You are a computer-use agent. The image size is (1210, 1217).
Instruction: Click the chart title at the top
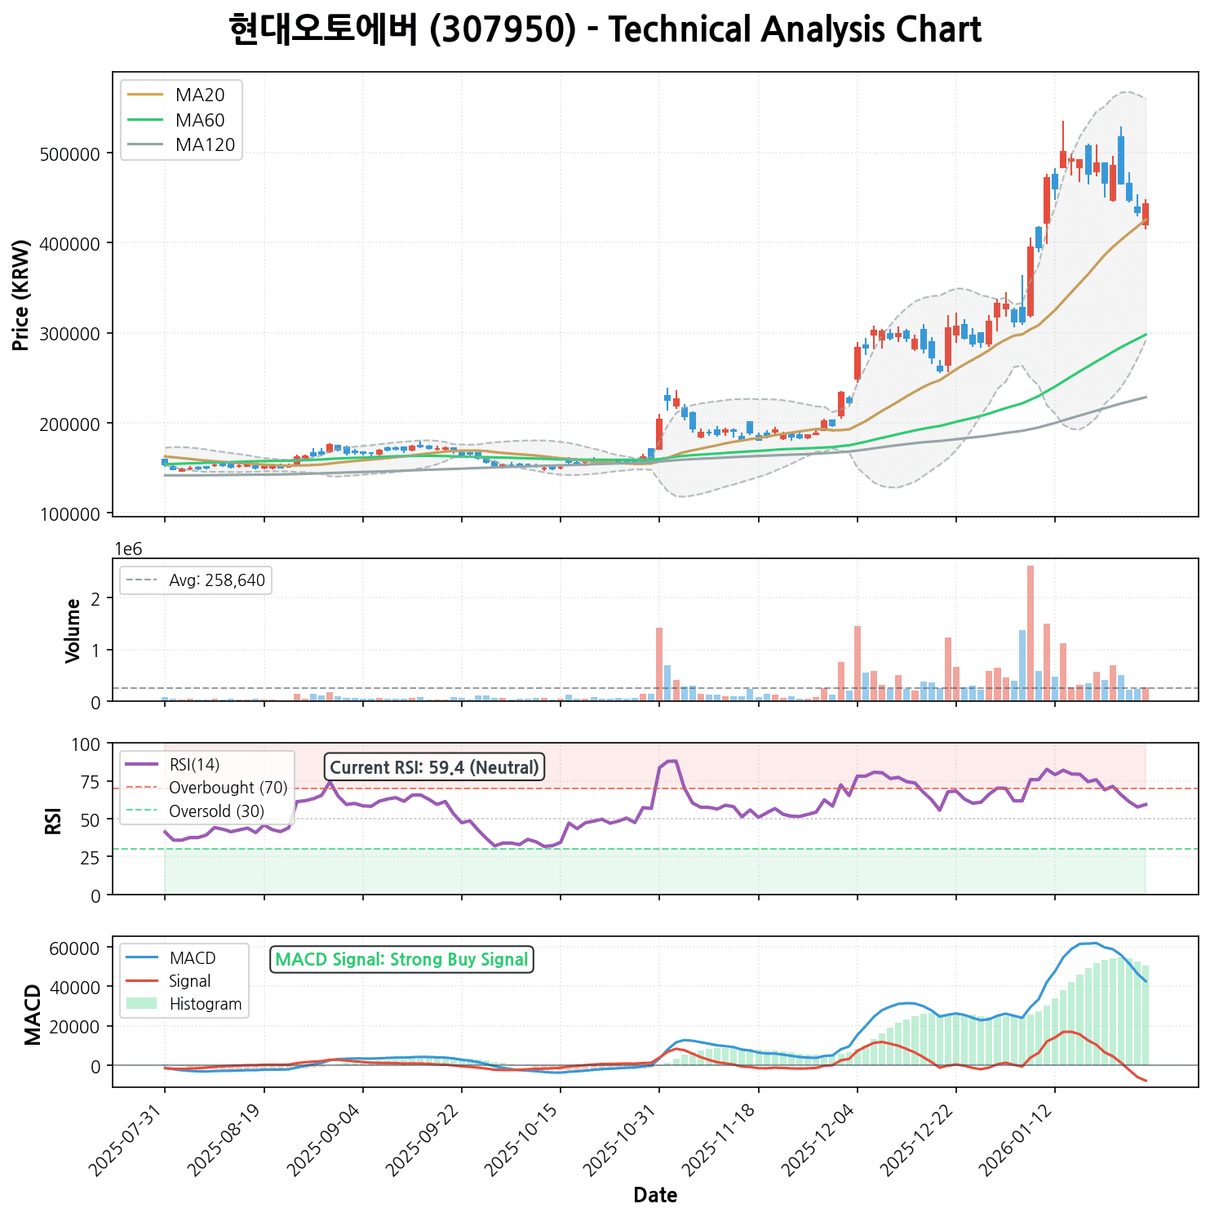click(605, 30)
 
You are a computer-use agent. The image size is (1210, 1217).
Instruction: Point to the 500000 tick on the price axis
click(69, 154)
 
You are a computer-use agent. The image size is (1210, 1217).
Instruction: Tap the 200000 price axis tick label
click(69, 424)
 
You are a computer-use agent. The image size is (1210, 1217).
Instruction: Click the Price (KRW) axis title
click(22, 295)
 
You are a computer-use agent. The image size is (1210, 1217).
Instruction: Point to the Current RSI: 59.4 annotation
click(434, 767)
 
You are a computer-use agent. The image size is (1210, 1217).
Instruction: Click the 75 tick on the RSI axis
click(90, 782)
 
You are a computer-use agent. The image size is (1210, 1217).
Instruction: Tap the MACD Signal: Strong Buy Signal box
click(401, 960)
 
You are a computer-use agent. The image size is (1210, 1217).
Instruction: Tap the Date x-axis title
click(655, 1196)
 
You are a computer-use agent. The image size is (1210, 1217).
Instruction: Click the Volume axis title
click(73, 630)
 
